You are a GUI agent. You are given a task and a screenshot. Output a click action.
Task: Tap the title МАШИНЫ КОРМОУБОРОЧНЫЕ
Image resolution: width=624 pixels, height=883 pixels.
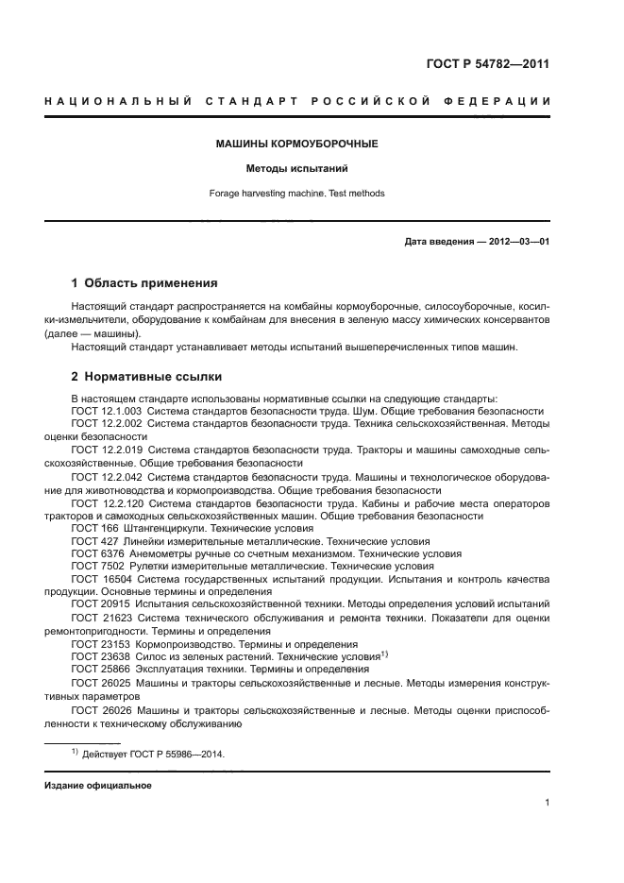point(297,144)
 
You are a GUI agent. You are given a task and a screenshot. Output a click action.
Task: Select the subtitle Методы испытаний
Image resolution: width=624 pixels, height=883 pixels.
point(297,169)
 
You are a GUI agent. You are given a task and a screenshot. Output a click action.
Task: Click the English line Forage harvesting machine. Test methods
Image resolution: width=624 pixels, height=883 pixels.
point(297,194)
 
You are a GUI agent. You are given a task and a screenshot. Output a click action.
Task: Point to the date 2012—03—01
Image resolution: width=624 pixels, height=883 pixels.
point(517,242)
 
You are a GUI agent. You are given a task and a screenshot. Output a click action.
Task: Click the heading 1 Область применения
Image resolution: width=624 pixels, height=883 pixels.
point(145,282)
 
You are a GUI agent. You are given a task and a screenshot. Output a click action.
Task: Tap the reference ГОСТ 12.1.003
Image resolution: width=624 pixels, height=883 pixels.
point(106,412)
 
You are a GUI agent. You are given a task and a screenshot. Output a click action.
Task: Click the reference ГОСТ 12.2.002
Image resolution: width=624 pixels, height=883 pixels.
point(106,425)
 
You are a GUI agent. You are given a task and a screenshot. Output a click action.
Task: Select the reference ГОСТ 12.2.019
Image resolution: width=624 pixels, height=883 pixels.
point(106,450)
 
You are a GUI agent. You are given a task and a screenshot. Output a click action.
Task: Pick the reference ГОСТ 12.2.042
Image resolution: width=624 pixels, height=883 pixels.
point(106,477)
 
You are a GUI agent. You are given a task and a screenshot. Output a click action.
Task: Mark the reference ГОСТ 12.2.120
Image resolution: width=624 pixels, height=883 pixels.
point(107,503)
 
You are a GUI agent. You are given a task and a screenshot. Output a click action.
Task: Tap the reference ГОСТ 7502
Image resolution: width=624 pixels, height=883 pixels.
point(95,568)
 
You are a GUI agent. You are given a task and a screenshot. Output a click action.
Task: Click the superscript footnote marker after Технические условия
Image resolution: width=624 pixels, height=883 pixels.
point(384,654)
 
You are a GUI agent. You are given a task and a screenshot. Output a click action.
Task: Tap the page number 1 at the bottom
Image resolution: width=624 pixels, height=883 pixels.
point(547,803)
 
